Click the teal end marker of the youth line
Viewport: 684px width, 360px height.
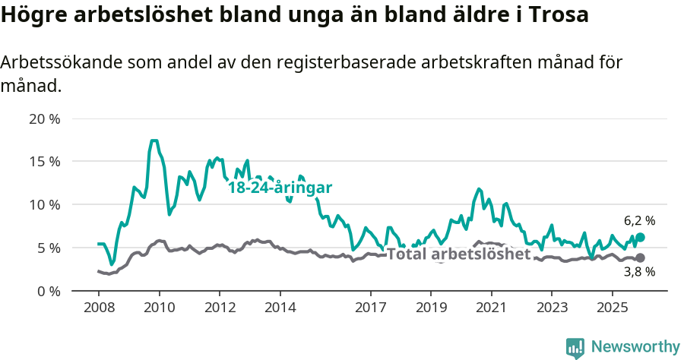640,238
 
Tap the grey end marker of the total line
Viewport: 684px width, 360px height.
640,258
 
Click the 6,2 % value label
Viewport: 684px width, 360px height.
639,221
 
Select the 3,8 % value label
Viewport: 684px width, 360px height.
639,272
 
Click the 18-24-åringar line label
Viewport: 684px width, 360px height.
280,188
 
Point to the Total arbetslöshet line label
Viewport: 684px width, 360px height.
458,254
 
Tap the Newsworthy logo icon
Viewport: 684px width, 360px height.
575,347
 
